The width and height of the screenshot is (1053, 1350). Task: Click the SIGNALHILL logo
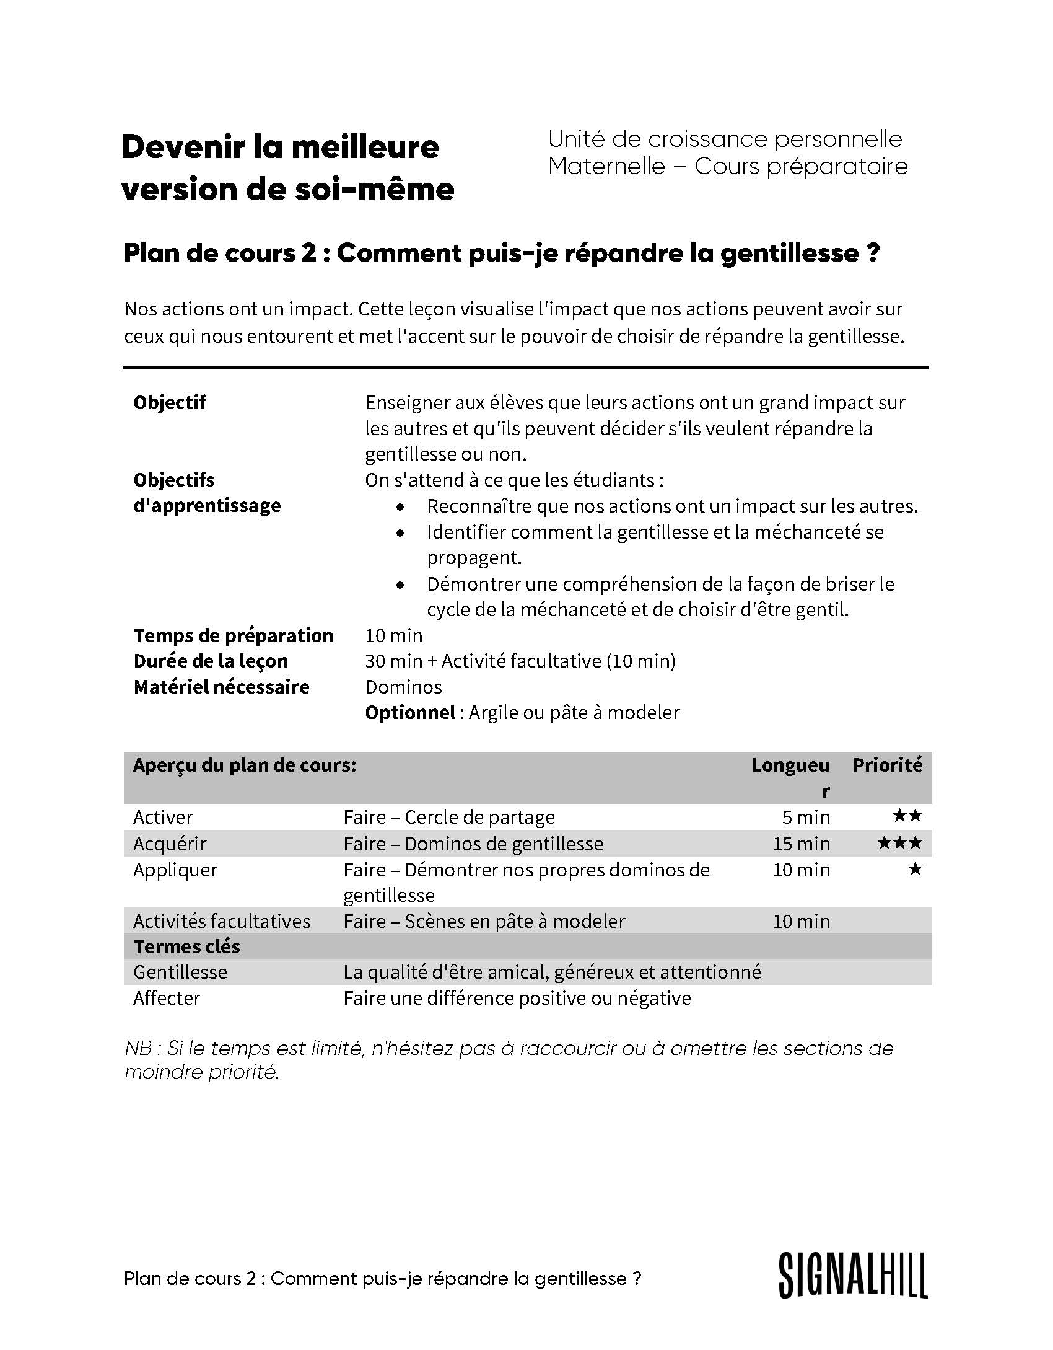click(x=854, y=1275)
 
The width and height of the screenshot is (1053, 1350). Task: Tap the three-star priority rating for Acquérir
click(x=900, y=843)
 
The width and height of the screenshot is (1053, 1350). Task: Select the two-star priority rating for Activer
click(x=907, y=816)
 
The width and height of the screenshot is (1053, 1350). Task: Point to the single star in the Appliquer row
click(x=915, y=869)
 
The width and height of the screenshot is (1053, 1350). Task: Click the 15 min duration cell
click(x=801, y=844)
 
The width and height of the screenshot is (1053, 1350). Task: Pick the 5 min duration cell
click(x=806, y=817)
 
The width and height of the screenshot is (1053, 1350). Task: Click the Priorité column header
click(x=887, y=765)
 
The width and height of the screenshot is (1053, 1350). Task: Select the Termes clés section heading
click(x=186, y=946)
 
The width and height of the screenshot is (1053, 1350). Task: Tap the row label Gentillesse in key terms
click(x=180, y=972)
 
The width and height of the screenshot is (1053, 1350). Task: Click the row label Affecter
click(x=167, y=998)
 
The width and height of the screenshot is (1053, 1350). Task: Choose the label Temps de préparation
click(x=233, y=635)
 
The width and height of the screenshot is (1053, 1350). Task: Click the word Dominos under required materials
click(x=403, y=687)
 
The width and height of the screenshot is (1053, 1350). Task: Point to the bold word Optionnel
click(x=410, y=713)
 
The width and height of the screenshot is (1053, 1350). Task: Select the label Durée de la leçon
click(x=211, y=661)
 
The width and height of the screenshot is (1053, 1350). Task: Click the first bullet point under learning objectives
click(x=402, y=507)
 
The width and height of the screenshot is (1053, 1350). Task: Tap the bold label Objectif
click(x=169, y=402)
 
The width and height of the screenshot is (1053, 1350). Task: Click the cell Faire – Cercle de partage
click(x=449, y=817)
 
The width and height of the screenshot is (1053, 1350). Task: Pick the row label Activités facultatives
click(x=222, y=921)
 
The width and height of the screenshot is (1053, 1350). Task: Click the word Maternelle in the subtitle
click(x=606, y=166)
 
